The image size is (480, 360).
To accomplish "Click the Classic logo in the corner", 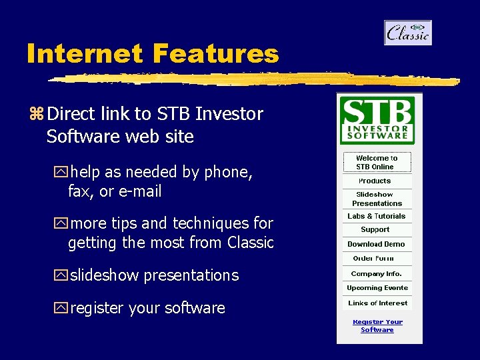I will click(x=407, y=33).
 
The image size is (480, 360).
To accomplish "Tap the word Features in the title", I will click(x=215, y=53).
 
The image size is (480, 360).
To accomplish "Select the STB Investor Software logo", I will click(x=377, y=120).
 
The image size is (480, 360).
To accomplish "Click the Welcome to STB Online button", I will click(x=377, y=163).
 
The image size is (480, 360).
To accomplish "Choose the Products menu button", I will click(x=375, y=181).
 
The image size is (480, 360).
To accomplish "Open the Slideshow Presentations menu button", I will click(x=377, y=199).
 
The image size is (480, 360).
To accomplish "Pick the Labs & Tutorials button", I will click(x=376, y=216).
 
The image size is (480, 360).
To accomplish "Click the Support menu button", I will click(x=375, y=229).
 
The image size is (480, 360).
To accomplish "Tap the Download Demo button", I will click(x=376, y=244).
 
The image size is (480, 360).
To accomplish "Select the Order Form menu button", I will click(x=373, y=258).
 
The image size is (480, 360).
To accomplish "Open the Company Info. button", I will click(x=376, y=273).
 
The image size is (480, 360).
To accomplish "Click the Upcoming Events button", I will click(x=377, y=288).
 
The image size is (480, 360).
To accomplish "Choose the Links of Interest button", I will click(x=377, y=303).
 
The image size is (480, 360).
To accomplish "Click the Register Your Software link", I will click(x=377, y=326).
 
